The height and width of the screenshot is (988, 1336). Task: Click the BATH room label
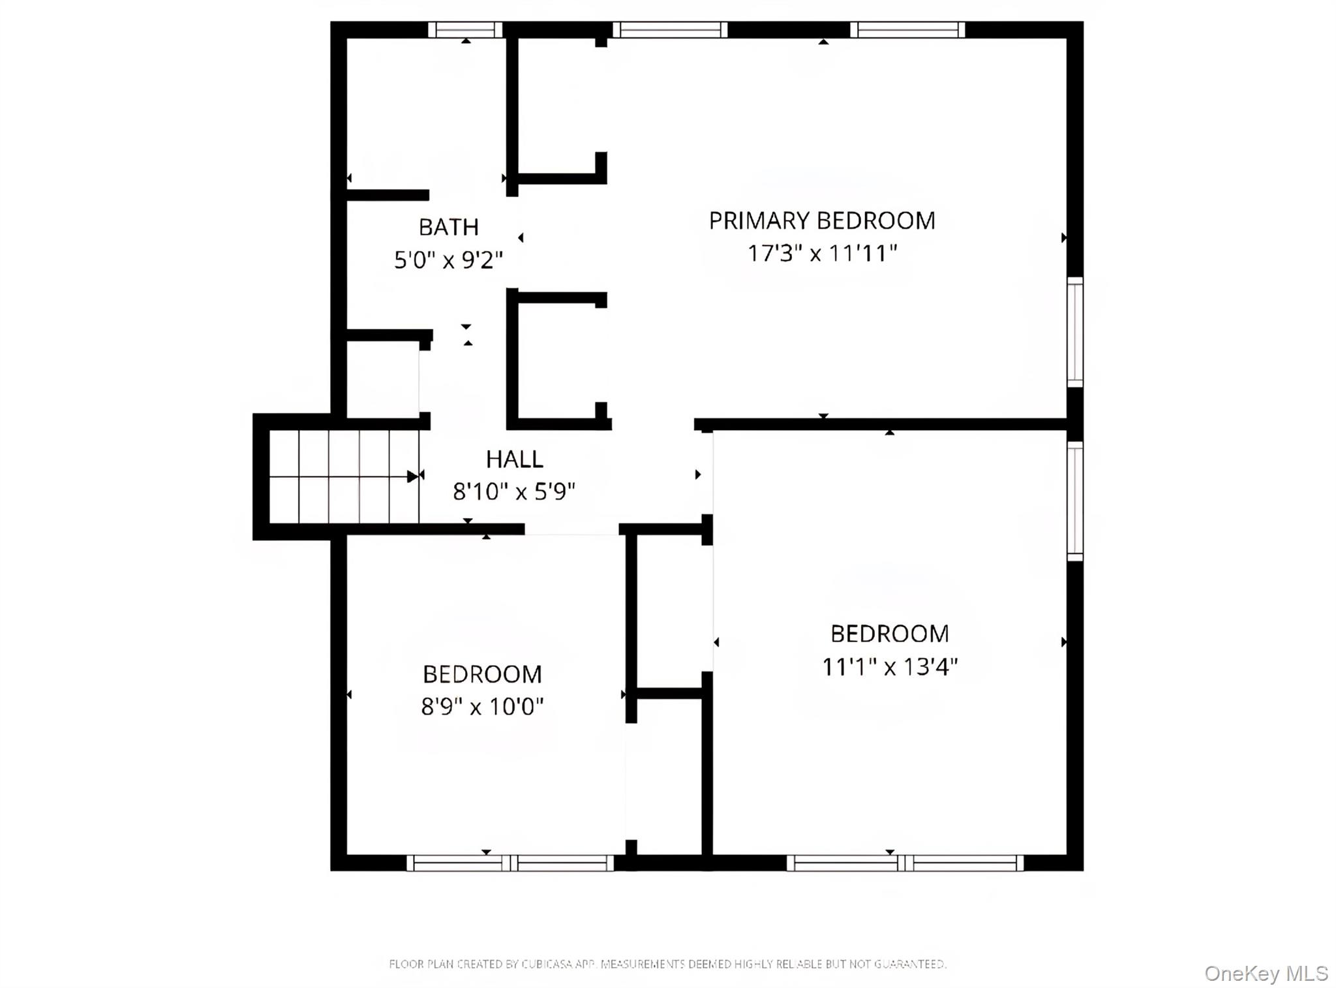click(448, 227)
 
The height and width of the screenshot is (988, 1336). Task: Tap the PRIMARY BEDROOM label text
click(821, 221)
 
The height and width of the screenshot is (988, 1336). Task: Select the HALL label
click(514, 459)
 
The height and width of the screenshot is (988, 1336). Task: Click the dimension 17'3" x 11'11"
click(822, 253)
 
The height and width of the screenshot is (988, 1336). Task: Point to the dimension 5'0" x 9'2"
click(448, 260)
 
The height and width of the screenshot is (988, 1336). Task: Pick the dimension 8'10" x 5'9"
click(514, 491)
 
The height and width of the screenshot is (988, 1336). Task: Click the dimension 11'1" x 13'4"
click(889, 667)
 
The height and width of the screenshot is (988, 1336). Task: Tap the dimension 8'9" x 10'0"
click(482, 706)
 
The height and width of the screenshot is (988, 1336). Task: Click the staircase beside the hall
click(344, 476)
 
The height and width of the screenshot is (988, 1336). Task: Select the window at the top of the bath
click(465, 30)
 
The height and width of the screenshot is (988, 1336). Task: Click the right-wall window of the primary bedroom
click(1074, 332)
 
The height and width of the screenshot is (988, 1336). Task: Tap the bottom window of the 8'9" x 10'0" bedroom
click(510, 863)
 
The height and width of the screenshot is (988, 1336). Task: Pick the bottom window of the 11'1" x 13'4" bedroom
click(905, 863)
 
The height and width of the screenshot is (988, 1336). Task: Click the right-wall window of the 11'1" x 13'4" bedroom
click(1074, 501)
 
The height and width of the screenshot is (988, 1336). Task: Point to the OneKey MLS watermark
click(1266, 973)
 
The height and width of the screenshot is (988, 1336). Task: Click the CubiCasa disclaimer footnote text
click(667, 964)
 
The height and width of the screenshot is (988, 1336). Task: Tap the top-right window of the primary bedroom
click(907, 30)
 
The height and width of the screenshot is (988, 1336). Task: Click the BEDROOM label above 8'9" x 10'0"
click(482, 674)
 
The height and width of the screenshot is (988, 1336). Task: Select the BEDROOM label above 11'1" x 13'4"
click(889, 634)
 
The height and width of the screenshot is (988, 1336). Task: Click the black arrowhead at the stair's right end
click(413, 476)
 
